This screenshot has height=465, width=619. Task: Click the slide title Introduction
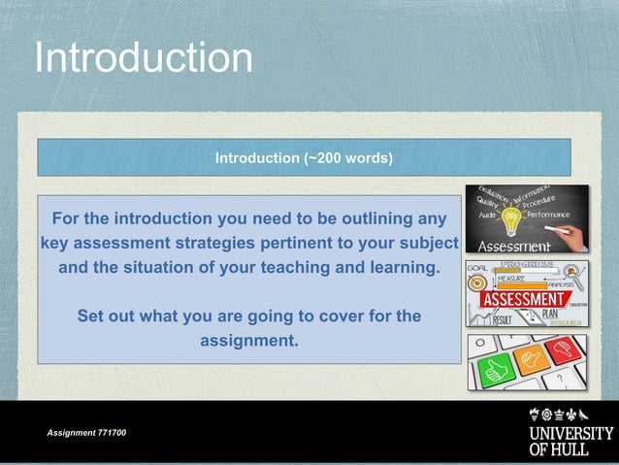click(x=144, y=57)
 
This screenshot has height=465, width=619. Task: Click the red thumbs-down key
click(x=565, y=350)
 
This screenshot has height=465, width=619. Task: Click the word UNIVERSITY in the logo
click(x=570, y=433)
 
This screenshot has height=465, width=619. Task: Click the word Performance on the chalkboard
click(x=554, y=214)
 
